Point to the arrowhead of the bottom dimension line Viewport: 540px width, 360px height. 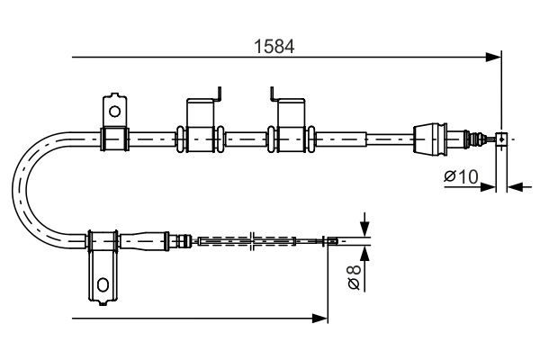coord(319,318)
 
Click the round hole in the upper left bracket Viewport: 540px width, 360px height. coord(113,112)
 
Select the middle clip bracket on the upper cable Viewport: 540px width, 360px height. coord(202,126)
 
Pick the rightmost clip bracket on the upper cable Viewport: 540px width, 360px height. coord(290,126)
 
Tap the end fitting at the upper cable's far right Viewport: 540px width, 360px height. coord(501,139)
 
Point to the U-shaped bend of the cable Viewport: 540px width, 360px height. coord(27,189)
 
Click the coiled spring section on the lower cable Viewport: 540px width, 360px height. coord(246,240)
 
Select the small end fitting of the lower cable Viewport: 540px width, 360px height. coord(332,240)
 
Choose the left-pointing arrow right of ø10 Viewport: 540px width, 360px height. coord(515,187)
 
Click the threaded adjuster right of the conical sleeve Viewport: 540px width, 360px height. coord(470,139)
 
